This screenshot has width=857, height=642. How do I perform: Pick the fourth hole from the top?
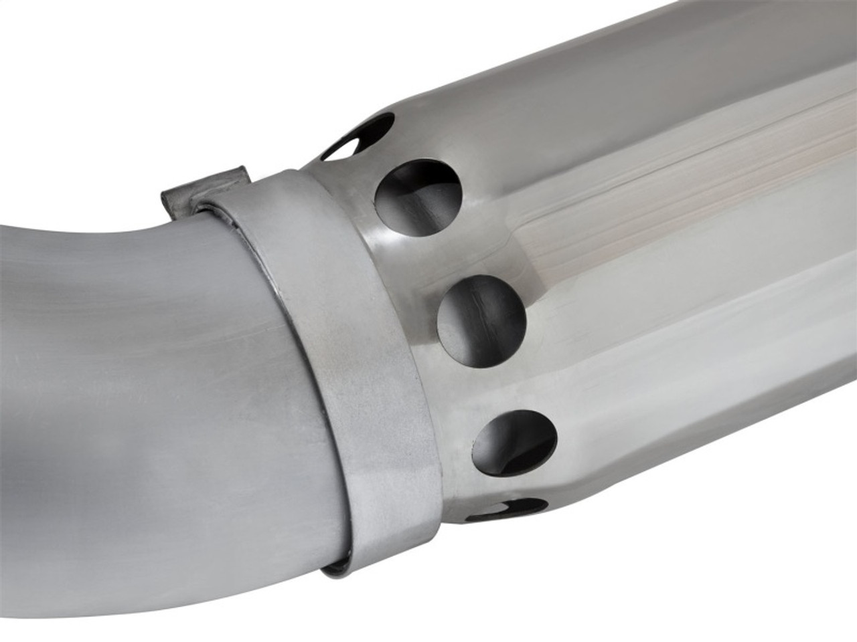[x=515, y=438]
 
